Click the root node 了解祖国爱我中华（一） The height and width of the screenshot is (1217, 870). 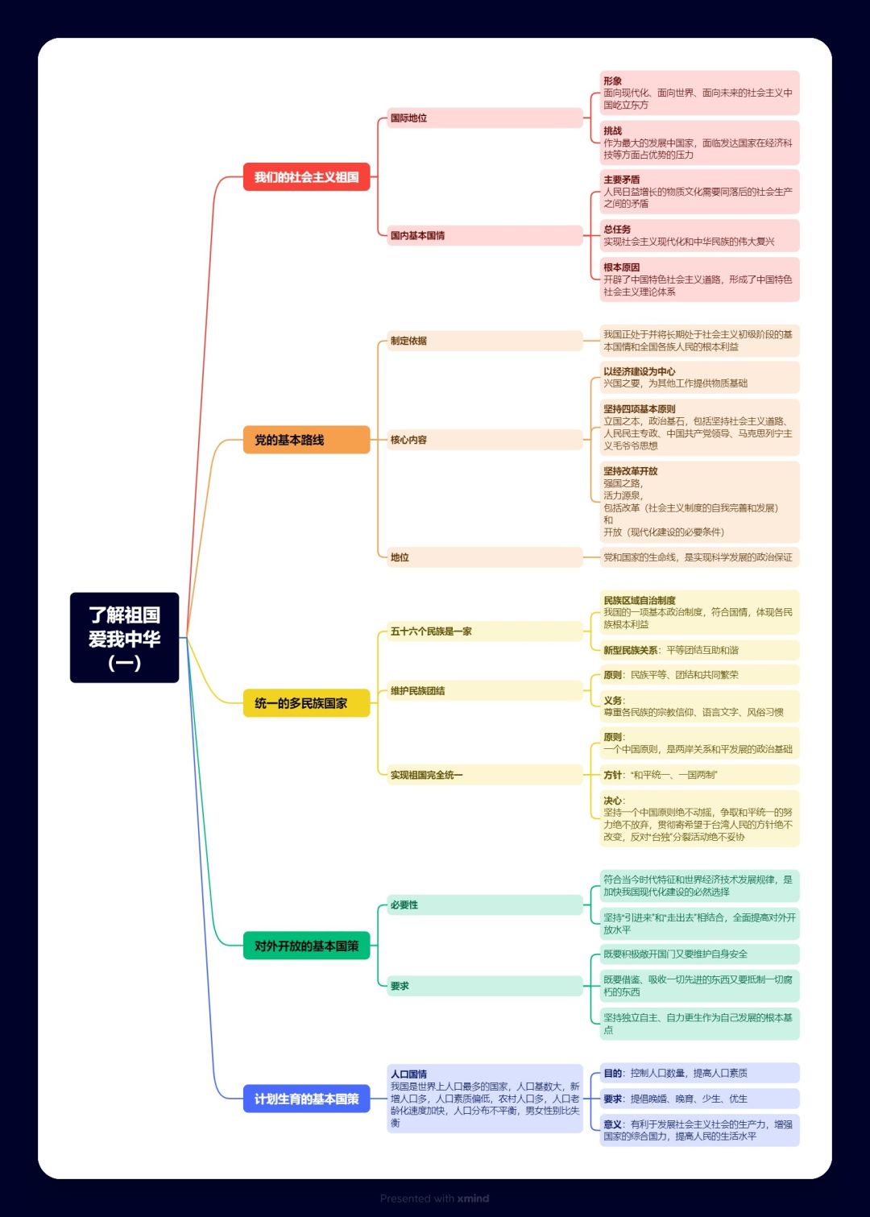pos(124,637)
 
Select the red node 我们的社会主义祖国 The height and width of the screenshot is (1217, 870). pos(306,176)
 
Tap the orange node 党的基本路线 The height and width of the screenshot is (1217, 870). pos(306,440)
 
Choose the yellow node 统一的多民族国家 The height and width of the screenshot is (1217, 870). pos(306,703)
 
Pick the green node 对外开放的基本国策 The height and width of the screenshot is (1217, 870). pos(306,946)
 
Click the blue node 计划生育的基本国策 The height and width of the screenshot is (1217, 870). pos(306,1099)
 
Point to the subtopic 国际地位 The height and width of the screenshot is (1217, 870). pos(485,118)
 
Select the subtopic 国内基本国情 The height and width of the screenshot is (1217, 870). pos(485,235)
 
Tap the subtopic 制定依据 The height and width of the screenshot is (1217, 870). pos(485,341)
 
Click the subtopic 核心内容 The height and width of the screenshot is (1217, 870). pos(485,440)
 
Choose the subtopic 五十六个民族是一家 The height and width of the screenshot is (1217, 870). pos(485,631)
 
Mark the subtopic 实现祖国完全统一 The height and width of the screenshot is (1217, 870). pos(485,775)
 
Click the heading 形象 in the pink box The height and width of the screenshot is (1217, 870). pos(612,81)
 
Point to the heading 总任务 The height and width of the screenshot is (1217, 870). pos(617,230)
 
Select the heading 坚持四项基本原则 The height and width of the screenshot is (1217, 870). pos(640,409)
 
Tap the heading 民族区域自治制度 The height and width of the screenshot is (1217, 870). pos(640,600)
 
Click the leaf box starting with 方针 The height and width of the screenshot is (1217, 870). pos(700,775)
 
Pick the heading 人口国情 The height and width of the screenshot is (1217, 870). pos(408,1074)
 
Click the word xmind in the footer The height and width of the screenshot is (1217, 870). pos(473,1198)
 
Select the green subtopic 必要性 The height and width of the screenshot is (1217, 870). pos(485,904)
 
